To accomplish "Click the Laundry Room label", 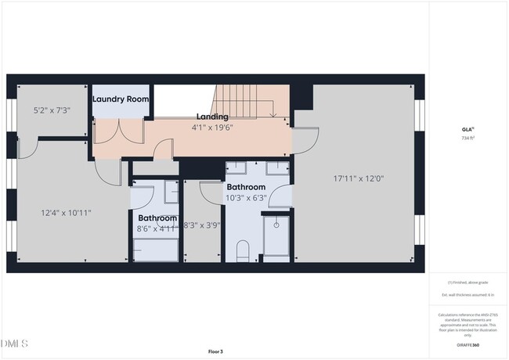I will (121, 99).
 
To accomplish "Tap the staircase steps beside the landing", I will (244, 99).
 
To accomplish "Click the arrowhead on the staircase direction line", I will (272, 115).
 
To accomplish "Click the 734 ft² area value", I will (467, 138).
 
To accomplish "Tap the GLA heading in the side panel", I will (467, 130).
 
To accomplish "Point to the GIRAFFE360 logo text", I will (467, 344).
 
